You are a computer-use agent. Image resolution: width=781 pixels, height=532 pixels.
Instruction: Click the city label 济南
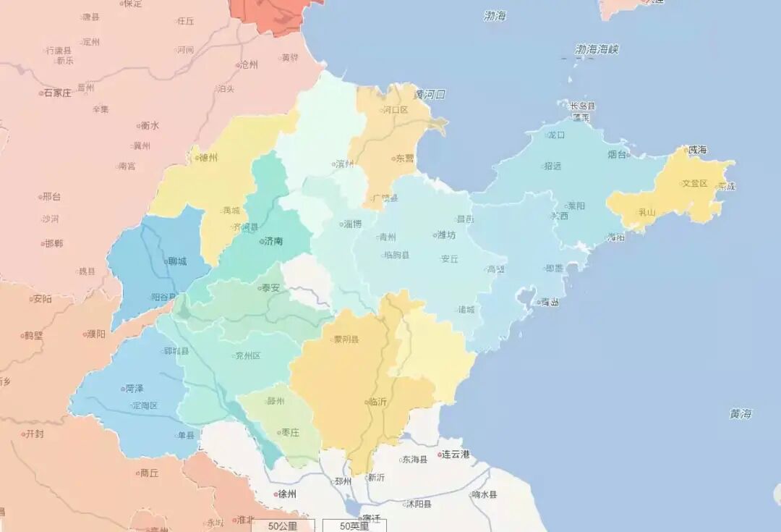coord(273,241)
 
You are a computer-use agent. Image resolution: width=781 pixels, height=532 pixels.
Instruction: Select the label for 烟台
coord(617,154)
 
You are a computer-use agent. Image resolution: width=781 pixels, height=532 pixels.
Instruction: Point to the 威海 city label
coord(697,150)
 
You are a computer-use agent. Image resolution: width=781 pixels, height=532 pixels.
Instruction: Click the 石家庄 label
coord(57,93)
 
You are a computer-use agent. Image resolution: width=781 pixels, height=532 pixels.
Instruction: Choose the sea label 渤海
coord(495,16)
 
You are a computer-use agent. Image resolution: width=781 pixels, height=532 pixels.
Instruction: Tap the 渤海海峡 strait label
coord(597,50)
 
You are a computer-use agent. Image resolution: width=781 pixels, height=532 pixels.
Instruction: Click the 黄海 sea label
coord(741,414)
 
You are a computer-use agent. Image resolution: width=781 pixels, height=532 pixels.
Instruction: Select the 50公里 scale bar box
coord(283,525)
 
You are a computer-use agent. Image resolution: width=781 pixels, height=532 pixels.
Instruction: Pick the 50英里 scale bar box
coord(354,525)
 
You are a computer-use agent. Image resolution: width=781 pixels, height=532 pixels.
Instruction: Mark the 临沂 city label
coord(377,402)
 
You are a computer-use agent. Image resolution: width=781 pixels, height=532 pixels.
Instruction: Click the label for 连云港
coord(456,455)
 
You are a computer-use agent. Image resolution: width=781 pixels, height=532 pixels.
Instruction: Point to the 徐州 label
coord(287,494)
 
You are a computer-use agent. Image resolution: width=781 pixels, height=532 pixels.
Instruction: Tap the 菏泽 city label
coord(134,389)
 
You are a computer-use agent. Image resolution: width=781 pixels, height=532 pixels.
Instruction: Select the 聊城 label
coord(176,261)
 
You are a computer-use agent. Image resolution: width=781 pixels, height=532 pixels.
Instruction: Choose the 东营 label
coord(404,159)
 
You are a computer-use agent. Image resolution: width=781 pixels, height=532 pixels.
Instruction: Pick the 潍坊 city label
coord(447,235)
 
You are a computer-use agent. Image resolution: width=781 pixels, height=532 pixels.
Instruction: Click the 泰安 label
coord(270,287)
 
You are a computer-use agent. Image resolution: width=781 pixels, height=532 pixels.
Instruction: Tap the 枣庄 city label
coord(290,433)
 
